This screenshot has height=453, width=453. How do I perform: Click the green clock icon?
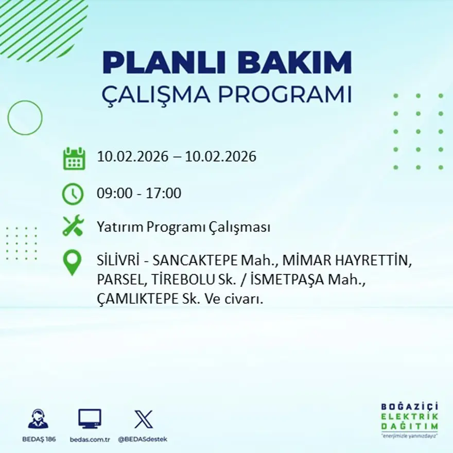coord(73,194)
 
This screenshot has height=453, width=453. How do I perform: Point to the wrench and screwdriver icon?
coord(73,226)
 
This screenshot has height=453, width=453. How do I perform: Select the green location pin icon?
coord(73,262)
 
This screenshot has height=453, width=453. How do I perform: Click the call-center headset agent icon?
coord(38,420)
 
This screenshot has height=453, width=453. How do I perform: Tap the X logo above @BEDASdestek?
coord(143,419)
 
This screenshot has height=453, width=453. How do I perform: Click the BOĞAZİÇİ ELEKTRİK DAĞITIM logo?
coord(409,420)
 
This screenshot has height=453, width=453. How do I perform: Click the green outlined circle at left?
coord(25,118)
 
